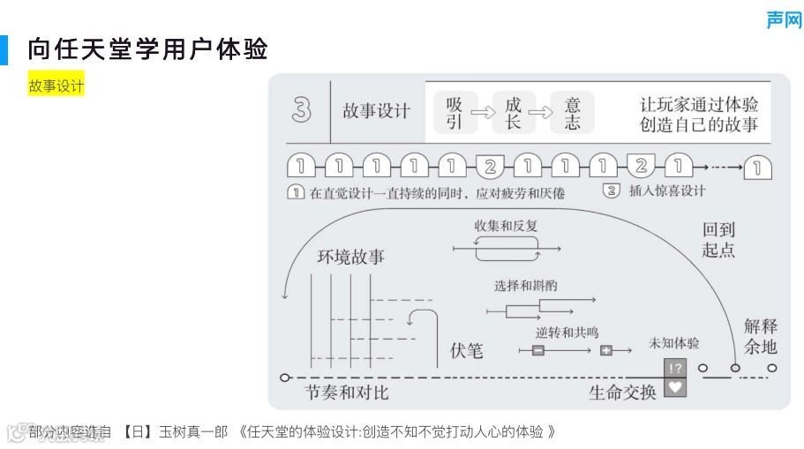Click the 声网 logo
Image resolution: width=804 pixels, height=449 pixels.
tap(783, 19)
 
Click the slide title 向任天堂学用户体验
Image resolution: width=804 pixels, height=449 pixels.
tap(147, 49)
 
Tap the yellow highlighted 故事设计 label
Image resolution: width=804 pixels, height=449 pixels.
tap(56, 86)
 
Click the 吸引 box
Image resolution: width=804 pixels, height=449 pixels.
tap(454, 113)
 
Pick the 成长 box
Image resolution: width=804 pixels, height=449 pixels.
tap(514, 113)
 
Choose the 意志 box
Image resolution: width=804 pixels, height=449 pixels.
tap(572, 113)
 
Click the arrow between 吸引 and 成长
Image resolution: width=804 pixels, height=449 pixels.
tap(484, 113)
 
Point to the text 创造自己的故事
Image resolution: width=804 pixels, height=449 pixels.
tap(699, 124)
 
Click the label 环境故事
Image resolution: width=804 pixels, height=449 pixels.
tap(351, 257)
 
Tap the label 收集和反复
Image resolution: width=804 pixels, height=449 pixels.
tap(506, 226)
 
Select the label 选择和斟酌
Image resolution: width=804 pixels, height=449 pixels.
tap(526, 286)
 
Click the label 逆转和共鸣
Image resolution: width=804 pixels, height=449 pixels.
tap(567, 333)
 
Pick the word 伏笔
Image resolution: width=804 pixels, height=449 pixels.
tap(467, 350)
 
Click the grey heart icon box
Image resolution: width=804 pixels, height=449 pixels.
tap(675, 386)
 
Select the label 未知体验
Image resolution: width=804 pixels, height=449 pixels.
tap(673, 342)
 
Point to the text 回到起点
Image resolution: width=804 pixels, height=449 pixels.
tap(718, 239)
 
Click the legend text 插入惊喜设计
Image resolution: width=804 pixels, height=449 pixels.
tap(667, 191)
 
